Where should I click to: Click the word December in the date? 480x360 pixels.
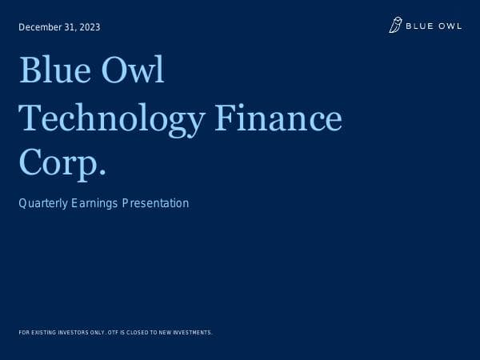pyautogui.click(x=41, y=27)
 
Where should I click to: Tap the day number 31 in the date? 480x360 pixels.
pyautogui.click(x=70, y=27)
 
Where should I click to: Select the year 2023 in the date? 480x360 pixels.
pyautogui.click(x=90, y=27)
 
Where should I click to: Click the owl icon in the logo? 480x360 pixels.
pyautogui.click(x=395, y=26)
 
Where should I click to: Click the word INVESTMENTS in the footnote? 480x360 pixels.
pyautogui.click(x=194, y=332)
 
